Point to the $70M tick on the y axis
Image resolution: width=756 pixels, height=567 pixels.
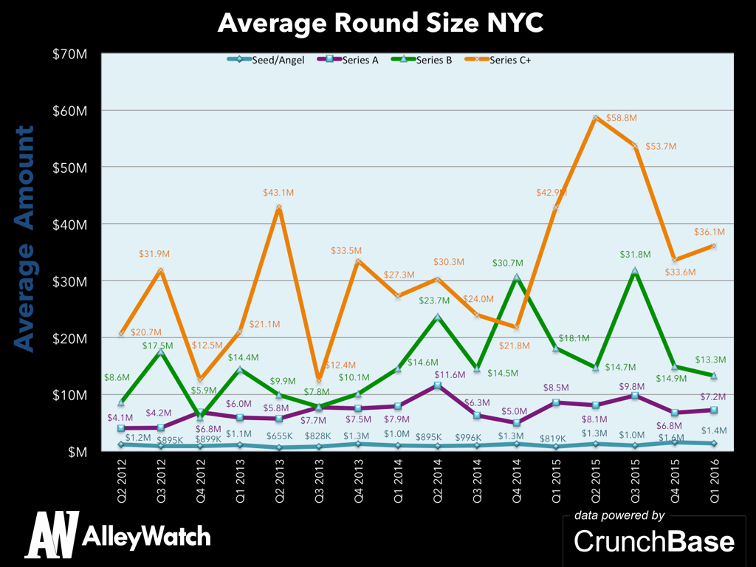pyautogui.click(x=71, y=53)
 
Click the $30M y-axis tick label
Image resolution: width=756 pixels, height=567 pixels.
pyautogui.click(x=71, y=281)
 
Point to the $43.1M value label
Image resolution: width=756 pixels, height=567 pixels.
pyautogui.click(x=278, y=193)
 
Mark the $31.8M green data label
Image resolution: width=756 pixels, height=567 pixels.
pyautogui.click(x=635, y=255)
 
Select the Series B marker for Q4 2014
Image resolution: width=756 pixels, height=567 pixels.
pyautogui.click(x=517, y=278)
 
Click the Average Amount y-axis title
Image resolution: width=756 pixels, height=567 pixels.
pyautogui.click(x=25, y=238)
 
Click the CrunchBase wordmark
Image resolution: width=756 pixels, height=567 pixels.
pyautogui.click(x=654, y=541)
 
